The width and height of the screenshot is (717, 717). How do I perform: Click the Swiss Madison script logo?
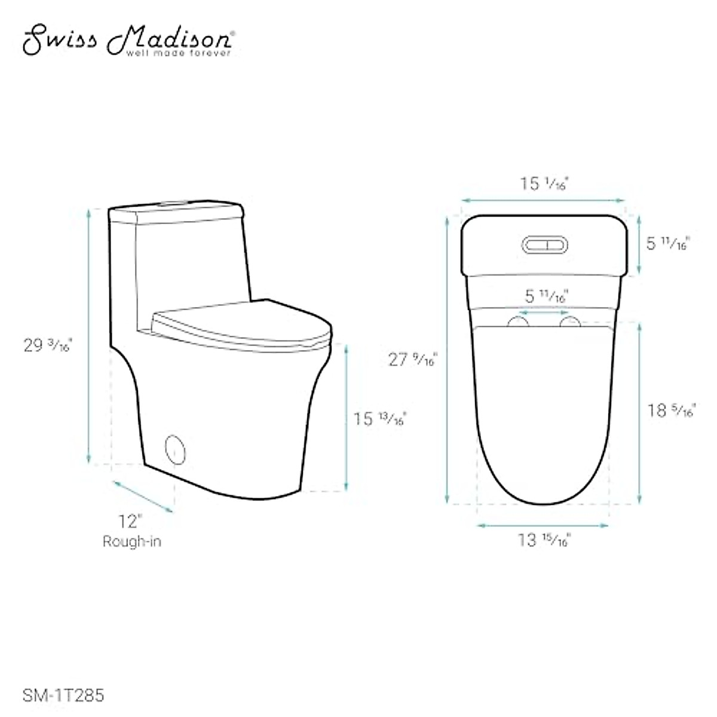(x=127, y=39)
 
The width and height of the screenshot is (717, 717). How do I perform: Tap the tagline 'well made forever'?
(x=177, y=54)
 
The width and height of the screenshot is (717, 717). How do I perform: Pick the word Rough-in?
(x=131, y=541)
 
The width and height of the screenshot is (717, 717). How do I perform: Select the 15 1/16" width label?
(x=543, y=183)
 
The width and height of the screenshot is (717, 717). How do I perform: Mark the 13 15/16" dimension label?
(x=544, y=540)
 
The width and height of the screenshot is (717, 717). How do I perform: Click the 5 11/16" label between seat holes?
(x=546, y=296)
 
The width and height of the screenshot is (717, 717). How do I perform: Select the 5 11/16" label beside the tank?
(x=668, y=243)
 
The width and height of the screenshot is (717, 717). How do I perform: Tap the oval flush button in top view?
(x=545, y=245)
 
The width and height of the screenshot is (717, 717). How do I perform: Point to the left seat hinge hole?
(x=519, y=323)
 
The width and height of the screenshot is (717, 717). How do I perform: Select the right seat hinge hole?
(x=570, y=323)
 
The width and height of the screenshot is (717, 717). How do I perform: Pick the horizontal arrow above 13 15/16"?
(x=543, y=525)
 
